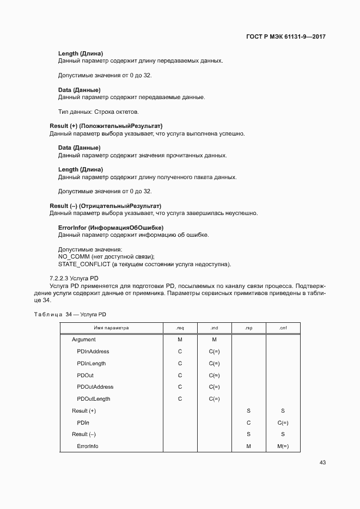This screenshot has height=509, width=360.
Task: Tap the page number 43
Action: [322, 462]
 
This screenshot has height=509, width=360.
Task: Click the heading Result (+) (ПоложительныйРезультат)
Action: [106, 126]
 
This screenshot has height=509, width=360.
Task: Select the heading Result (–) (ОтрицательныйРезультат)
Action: [106, 206]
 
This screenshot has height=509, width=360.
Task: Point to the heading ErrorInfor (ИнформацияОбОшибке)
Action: [111, 228]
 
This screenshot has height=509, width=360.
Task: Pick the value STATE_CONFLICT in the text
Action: [83, 265]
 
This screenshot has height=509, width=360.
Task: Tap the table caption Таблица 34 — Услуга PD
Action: [70, 315]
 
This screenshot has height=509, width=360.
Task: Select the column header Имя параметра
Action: [111, 328]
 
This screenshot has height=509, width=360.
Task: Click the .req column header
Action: [180, 328]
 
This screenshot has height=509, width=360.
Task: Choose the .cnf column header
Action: [283, 328]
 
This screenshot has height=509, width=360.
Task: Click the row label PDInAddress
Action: [93, 352]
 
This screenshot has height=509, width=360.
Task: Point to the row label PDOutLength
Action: [94, 399]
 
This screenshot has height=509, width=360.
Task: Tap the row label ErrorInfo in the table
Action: [88, 446]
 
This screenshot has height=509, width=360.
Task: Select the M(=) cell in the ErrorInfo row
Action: [283, 446]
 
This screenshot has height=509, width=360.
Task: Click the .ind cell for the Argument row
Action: [214, 340]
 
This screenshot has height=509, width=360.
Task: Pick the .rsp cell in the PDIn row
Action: [248, 422]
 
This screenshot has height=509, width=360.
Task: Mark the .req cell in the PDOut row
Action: [180, 375]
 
